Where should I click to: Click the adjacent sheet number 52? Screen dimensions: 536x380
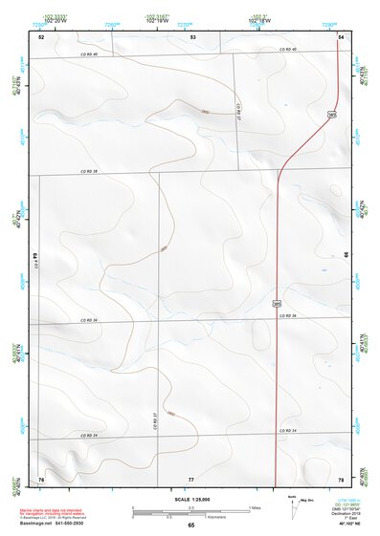41,36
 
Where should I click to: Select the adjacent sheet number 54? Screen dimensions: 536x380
341,36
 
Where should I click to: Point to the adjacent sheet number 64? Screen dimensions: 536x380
36,256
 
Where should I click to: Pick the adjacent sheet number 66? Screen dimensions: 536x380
346,256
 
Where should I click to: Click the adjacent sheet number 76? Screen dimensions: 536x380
41,478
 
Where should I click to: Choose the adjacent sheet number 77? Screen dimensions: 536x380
190,478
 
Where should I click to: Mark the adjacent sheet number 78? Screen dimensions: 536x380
341,478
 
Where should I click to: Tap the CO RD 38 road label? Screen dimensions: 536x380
90,172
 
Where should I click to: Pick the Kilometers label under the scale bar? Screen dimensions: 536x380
191,519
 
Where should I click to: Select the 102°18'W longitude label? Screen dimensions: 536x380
261,21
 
